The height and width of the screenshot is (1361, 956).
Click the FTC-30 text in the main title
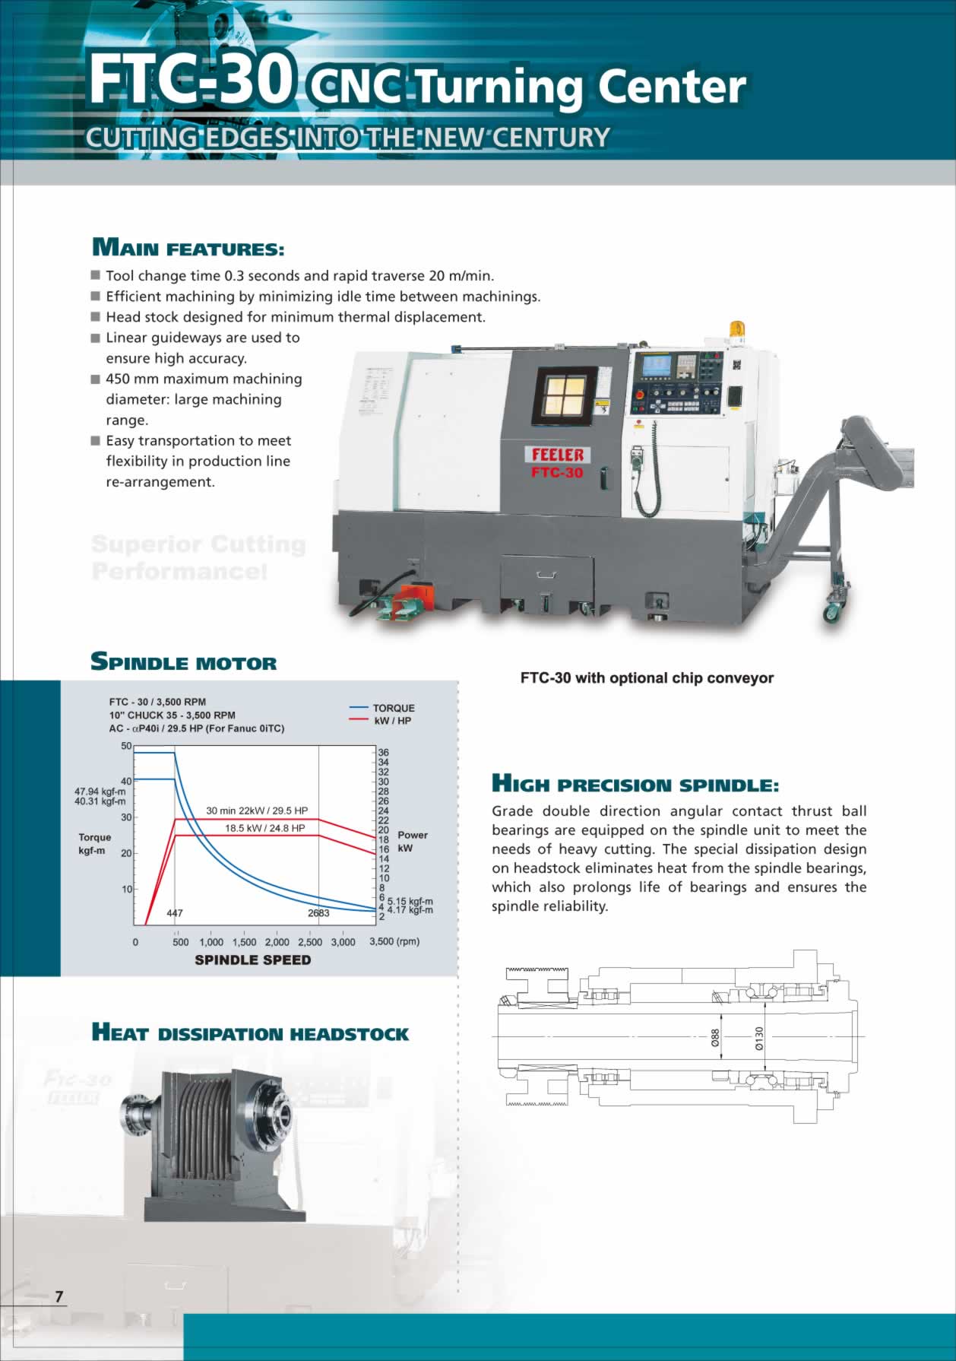[190, 80]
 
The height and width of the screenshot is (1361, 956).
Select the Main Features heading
[188, 248]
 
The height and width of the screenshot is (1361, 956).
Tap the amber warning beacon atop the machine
[737, 329]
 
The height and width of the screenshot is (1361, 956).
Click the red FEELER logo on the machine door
[558, 455]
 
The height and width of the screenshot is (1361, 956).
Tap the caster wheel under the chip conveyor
[833, 611]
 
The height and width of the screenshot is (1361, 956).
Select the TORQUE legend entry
[393, 708]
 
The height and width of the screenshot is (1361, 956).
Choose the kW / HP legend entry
[392, 721]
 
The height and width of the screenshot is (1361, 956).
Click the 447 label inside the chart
[175, 913]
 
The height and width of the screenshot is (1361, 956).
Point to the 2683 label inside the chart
[318, 913]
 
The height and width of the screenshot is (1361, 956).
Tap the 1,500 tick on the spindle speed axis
[244, 942]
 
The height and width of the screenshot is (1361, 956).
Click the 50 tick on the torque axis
[126, 746]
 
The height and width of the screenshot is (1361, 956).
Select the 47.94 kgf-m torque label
[100, 792]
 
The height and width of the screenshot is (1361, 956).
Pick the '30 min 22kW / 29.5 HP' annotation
[257, 811]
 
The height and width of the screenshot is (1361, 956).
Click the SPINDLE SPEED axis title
[253, 960]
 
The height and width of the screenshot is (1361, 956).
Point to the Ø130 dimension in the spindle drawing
[758, 1038]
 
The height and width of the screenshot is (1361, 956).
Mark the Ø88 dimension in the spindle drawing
[715, 1038]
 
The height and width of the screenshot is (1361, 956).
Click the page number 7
[59, 1296]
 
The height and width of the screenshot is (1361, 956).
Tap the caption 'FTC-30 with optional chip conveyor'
[647, 678]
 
